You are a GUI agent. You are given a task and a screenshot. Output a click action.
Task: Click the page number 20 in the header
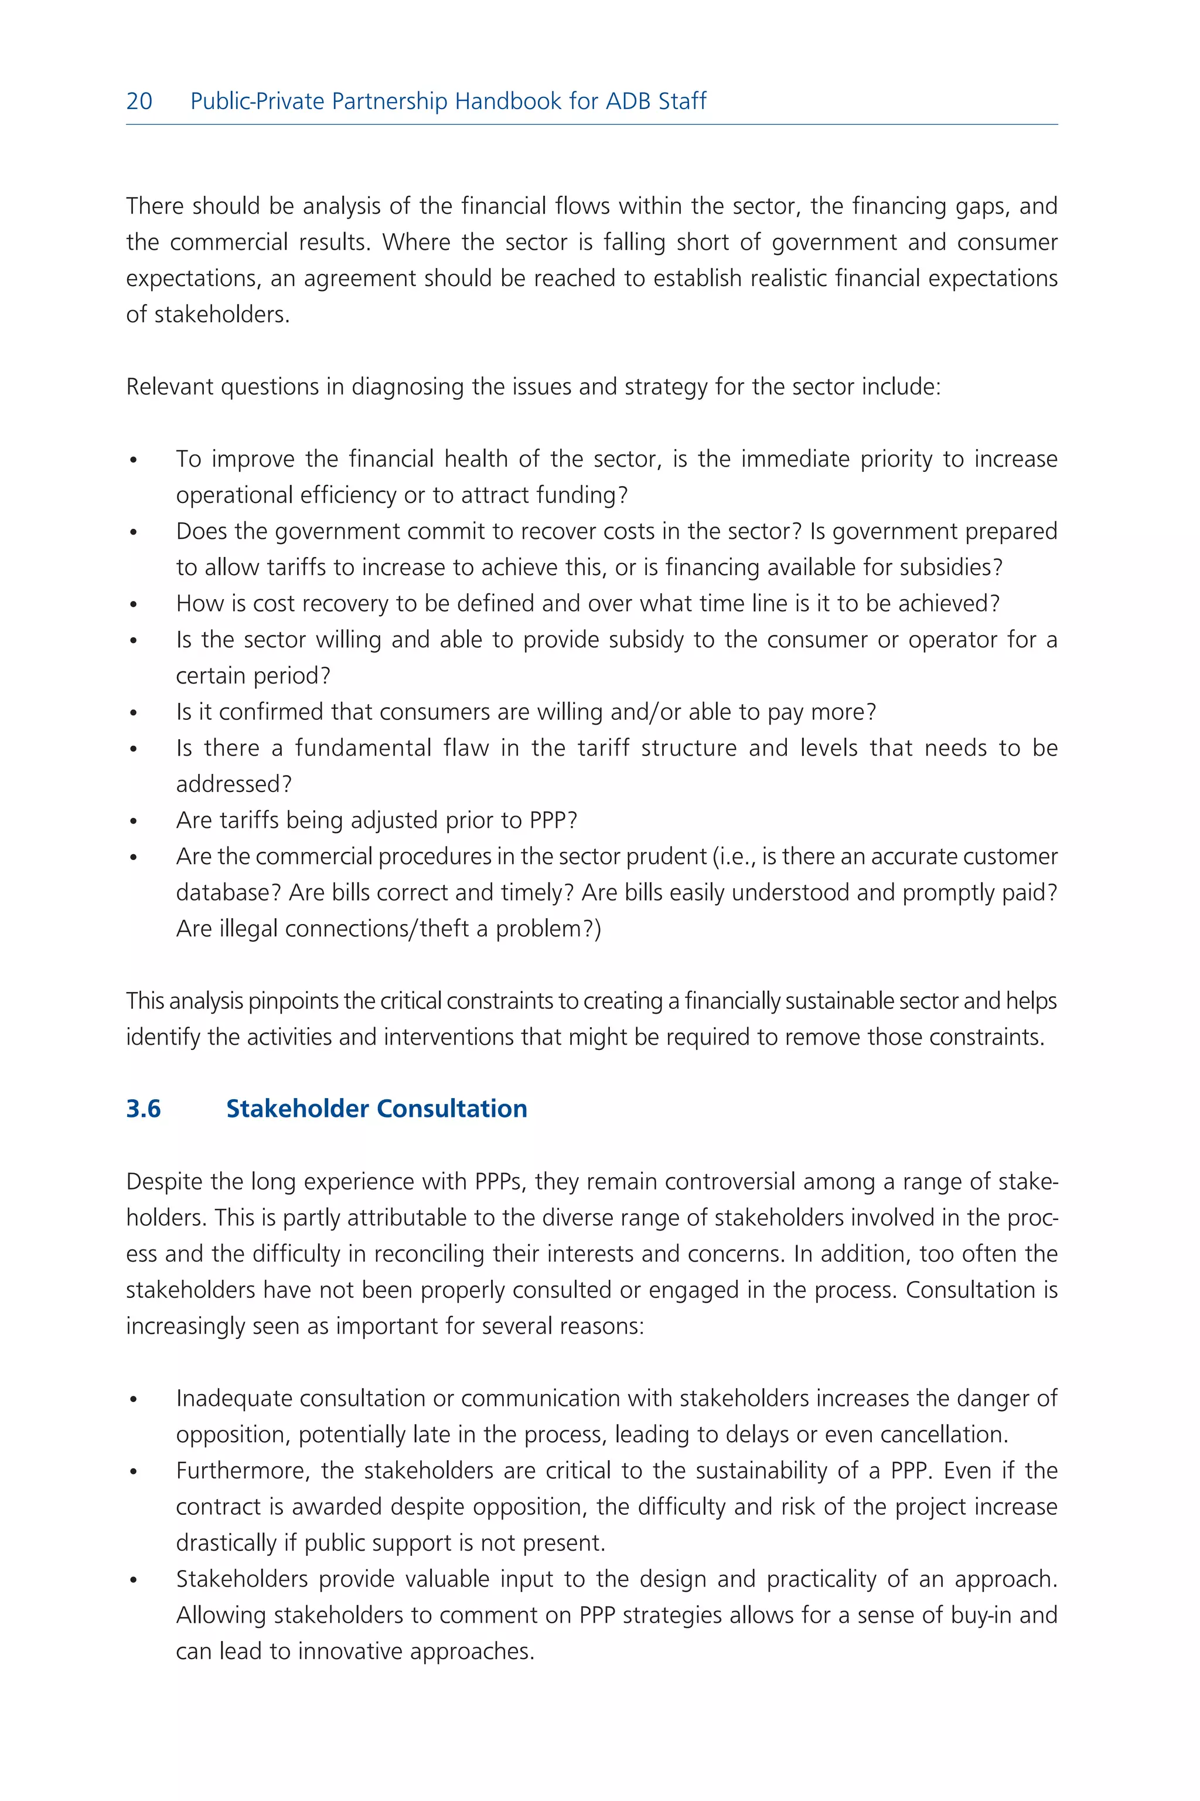coord(139,101)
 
